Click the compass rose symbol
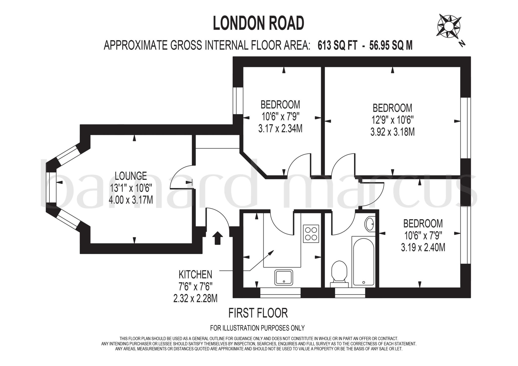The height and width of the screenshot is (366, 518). (449, 26)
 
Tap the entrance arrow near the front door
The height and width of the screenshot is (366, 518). (217, 238)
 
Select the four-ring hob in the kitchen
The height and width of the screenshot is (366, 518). (311, 234)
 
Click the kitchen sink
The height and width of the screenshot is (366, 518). (284, 278)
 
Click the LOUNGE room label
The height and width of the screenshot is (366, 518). (131, 176)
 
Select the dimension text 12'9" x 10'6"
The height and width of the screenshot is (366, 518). (392, 120)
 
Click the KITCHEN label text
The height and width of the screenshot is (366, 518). (195, 274)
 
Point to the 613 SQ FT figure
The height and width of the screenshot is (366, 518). (337, 46)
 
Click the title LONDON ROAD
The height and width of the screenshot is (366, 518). (258, 23)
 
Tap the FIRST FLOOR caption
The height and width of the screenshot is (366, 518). (258, 313)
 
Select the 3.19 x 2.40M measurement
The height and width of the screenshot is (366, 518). (423, 248)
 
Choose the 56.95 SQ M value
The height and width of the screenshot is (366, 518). (391, 46)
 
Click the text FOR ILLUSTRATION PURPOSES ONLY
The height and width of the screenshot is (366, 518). (257, 328)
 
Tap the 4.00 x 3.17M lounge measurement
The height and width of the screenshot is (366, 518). (131, 200)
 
